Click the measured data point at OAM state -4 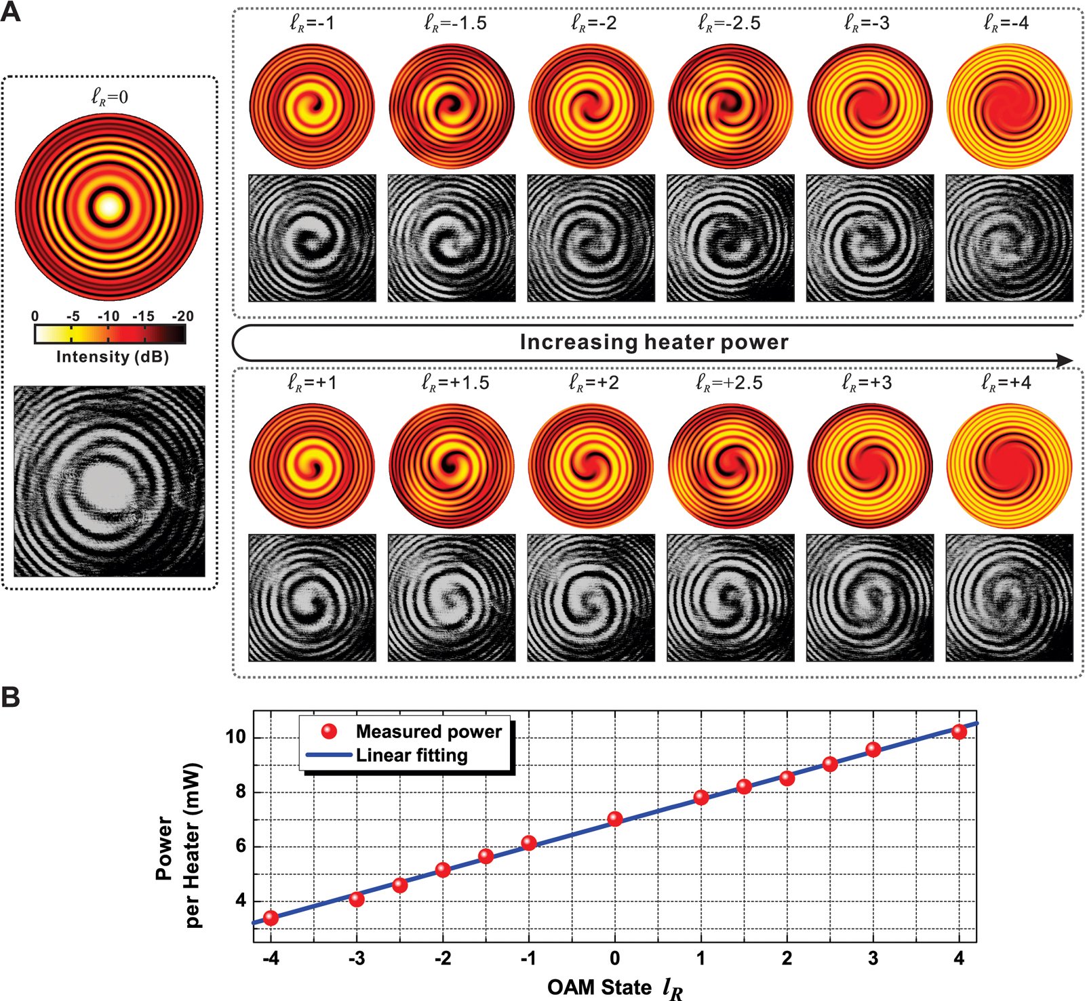[271, 918]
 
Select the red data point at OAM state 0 [615, 819]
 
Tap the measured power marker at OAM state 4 [959, 732]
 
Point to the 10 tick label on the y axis [235, 737]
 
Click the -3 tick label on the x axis [357, 958]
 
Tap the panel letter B [11, 697]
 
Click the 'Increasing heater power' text [654, 342]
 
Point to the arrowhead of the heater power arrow [1065, 361]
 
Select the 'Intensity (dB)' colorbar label [112, 357]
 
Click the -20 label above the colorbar [182, 316]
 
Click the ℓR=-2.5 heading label [730, 24]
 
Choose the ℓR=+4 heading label [1006, 383]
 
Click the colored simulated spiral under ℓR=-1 [312, 106]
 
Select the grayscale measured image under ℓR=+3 [870, 598]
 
